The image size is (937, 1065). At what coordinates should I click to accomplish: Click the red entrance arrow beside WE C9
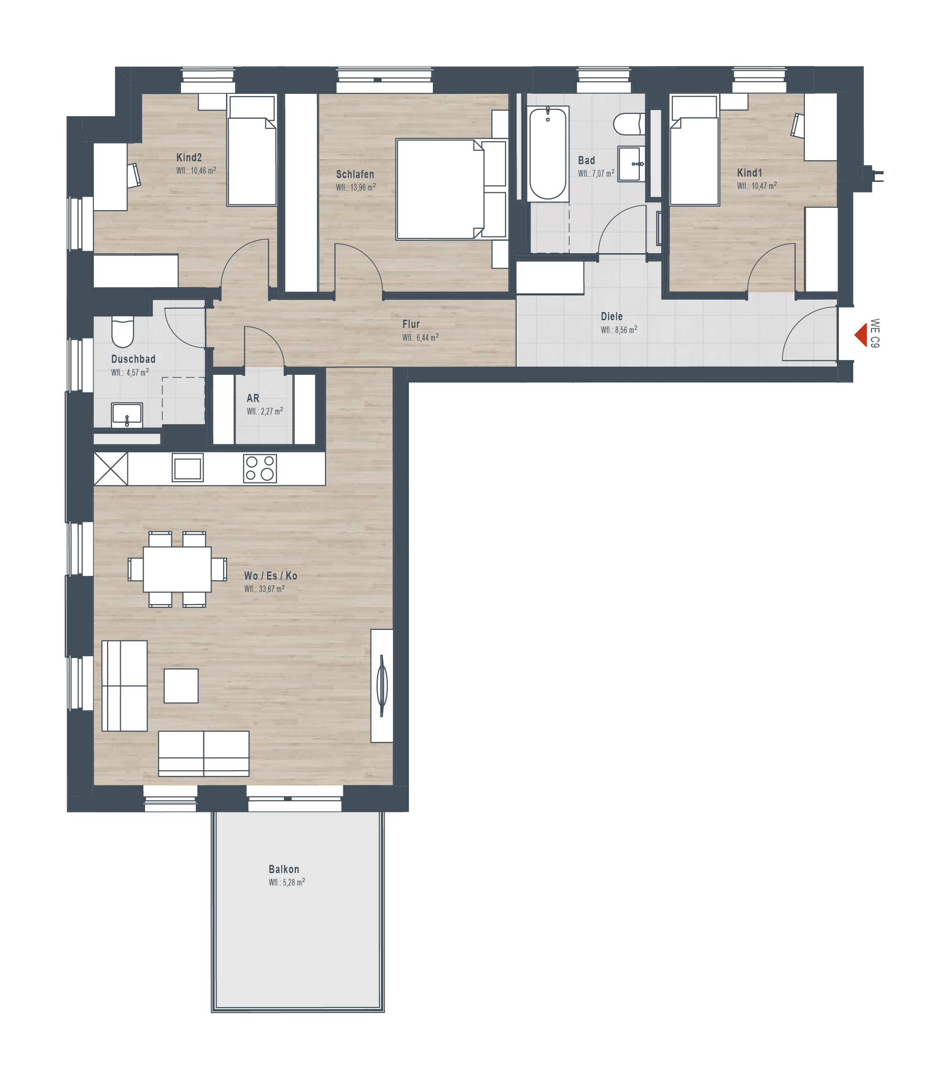pos(861,335)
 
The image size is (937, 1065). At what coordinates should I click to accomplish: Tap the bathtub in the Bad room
pos(548,154)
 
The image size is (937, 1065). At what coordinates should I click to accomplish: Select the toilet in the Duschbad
pos(123,332)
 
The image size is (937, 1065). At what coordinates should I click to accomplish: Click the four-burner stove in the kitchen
pos(260,469)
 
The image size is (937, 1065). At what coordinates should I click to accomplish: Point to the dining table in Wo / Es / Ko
pos(177,569)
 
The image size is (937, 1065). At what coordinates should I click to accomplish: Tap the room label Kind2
pos(189,157)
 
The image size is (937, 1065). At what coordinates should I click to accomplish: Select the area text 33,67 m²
pos(271,589)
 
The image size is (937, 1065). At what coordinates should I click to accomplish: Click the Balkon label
pos(284,869)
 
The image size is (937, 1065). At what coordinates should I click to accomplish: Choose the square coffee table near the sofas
pos(181,686)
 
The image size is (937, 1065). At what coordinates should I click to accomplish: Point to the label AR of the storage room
pos(253,398)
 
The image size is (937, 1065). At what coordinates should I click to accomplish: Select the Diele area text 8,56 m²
pos(625,330)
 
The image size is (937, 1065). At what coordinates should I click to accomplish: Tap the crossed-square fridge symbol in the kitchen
pos(111,469)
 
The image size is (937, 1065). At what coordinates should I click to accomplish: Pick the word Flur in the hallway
pos(411,324)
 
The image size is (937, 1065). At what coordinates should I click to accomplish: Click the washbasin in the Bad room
pos(631,164)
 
